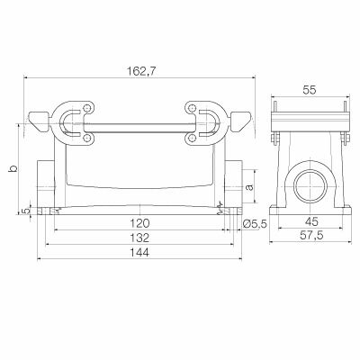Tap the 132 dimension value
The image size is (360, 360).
coord(137,238)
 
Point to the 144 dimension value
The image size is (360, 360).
coord(137,254)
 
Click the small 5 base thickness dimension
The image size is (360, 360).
coord(25,211)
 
